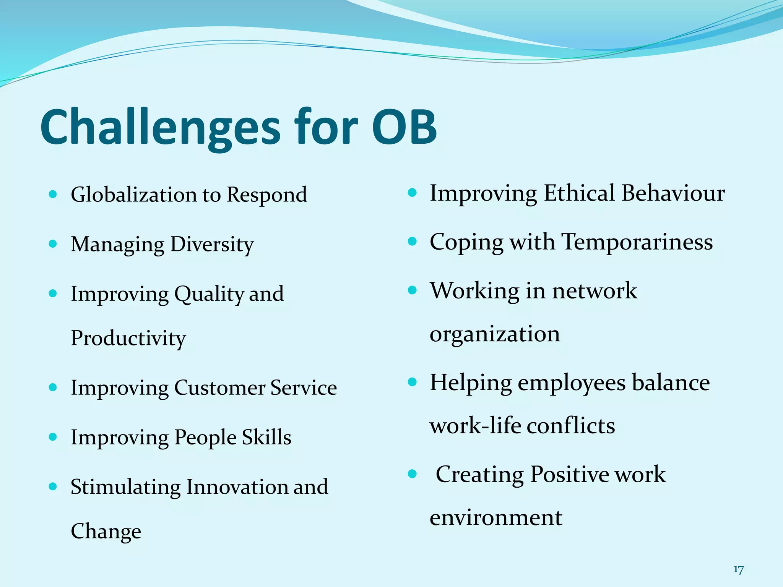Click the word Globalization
(134, 195)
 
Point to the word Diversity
(212, 245)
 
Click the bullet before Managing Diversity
(53, 244)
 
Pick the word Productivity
(128, 339)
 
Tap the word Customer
(219, 388)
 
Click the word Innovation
(237, 487)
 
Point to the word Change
(106, 532)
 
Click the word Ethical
(580, 193)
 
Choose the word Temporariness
(637, 242)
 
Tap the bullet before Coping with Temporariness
(412, 242)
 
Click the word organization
(495, 334)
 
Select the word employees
(572, 383)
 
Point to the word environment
(496, 518)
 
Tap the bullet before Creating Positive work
(412, 474)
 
